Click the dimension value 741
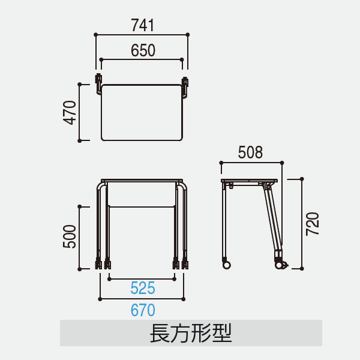coord(143,25)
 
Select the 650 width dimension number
coord(143,50)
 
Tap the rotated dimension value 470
coord(70,113)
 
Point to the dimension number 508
coord(250,152)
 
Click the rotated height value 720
coord(313,224)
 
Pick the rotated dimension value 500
coord(70,236)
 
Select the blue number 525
coord(143,288)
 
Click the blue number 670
coord(143,310)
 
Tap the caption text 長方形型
coord(191,333)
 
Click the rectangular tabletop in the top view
coord(142,113)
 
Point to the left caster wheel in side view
coord(226,265)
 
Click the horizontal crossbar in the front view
coord(142,206)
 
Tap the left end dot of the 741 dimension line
coord(96,35)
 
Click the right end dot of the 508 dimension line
coord(282,163)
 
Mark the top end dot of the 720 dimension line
coord(302,179)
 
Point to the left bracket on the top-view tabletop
coord(99,84)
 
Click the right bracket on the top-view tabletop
coord(185,88)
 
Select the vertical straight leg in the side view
coord(224,220)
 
